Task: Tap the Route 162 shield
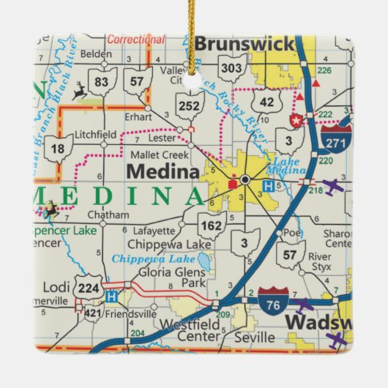tap(211, 225)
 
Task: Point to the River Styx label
tap(320, 261)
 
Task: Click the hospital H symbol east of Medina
tap(269, 187)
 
